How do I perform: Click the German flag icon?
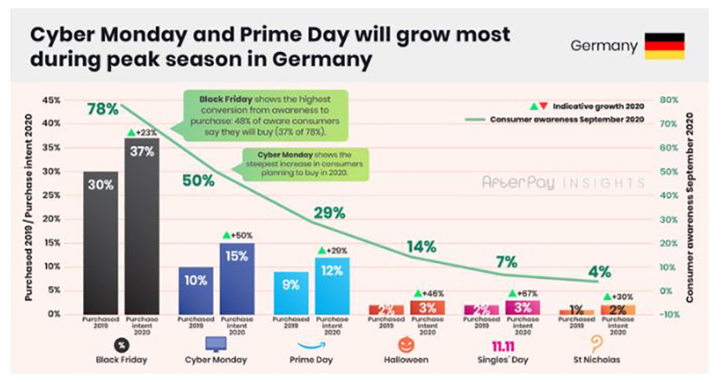coord(665,46)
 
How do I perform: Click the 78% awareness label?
coord(102,109)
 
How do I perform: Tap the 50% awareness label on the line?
coord(198,181)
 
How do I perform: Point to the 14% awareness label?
coord(422,247)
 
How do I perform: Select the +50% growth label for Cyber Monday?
coord(237,234)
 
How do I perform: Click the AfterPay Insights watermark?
coord(563,184)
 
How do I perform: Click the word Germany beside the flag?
coord(604,46)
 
